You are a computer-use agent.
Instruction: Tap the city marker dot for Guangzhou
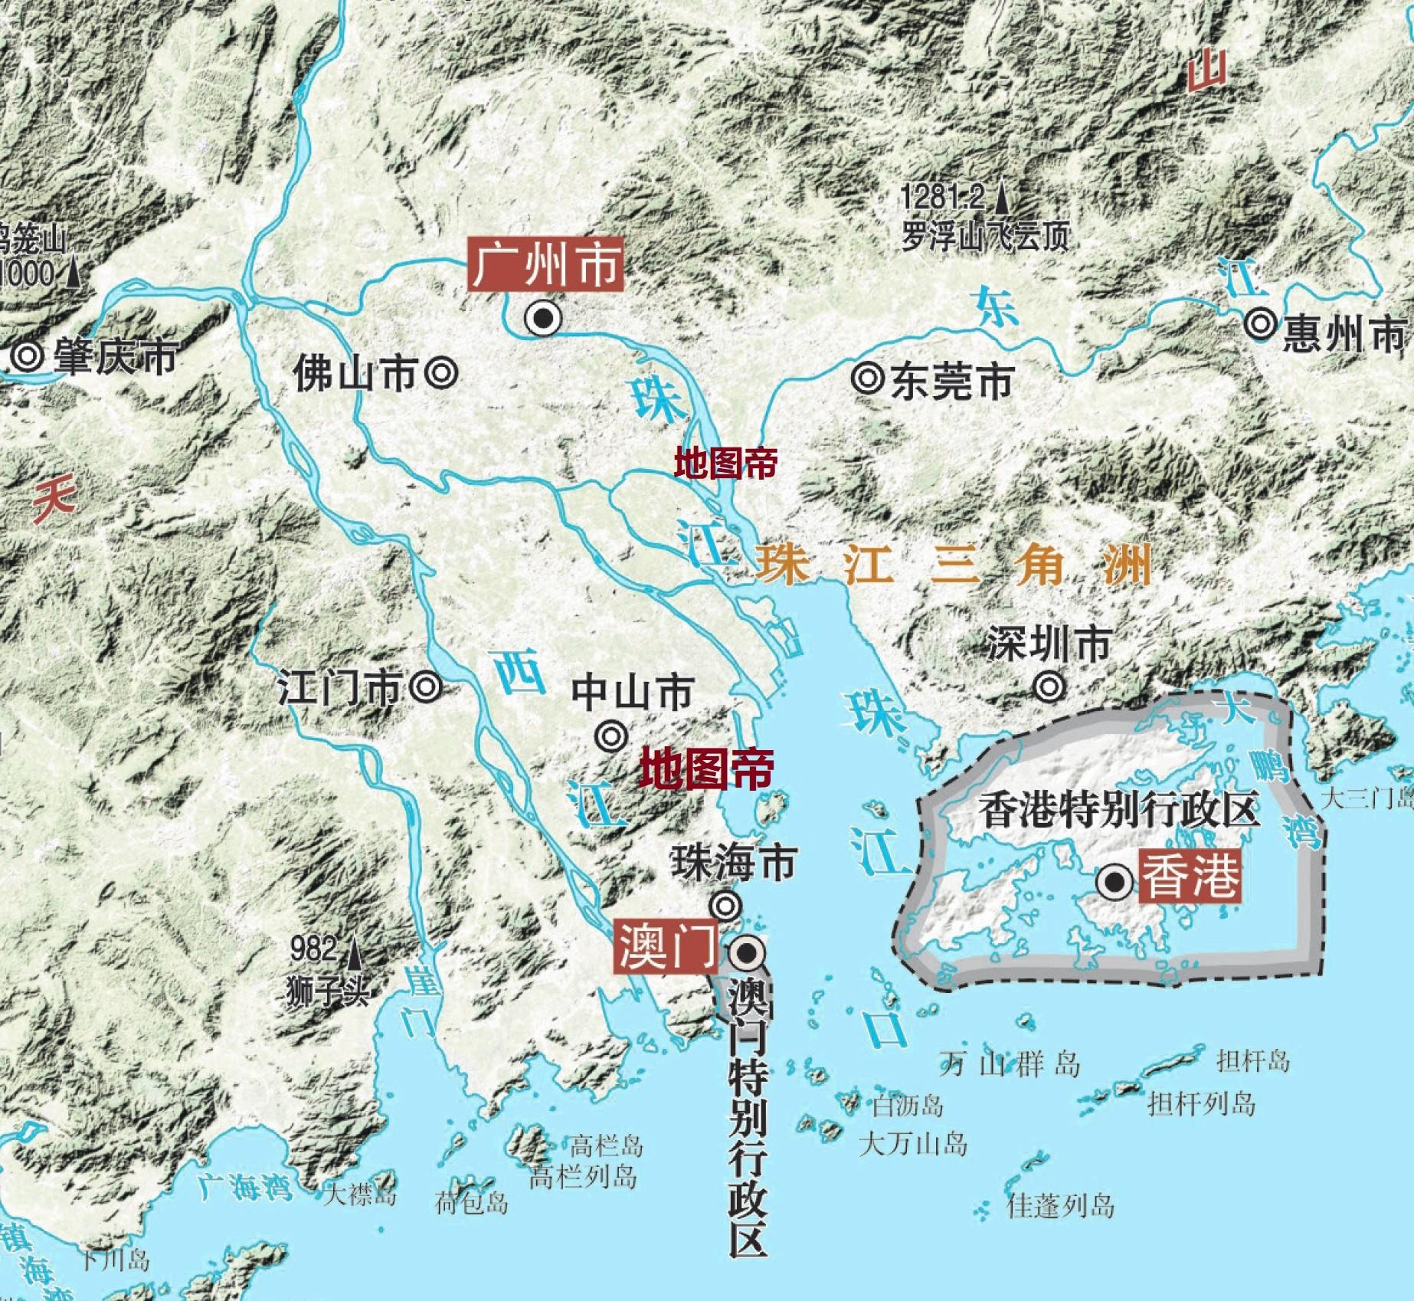(543, 318)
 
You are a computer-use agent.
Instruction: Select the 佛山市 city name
(355, 375)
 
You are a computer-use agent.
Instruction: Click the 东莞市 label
(952, 380)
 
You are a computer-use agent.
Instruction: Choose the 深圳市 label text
(1048, 644)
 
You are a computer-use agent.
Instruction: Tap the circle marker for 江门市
(426, 687)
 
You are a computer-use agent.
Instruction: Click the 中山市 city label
(633, 692)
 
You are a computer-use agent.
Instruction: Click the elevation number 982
(314, 952)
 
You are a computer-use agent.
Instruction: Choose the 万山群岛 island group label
(1009, 1064)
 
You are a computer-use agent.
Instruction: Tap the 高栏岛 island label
(607, 1167)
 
